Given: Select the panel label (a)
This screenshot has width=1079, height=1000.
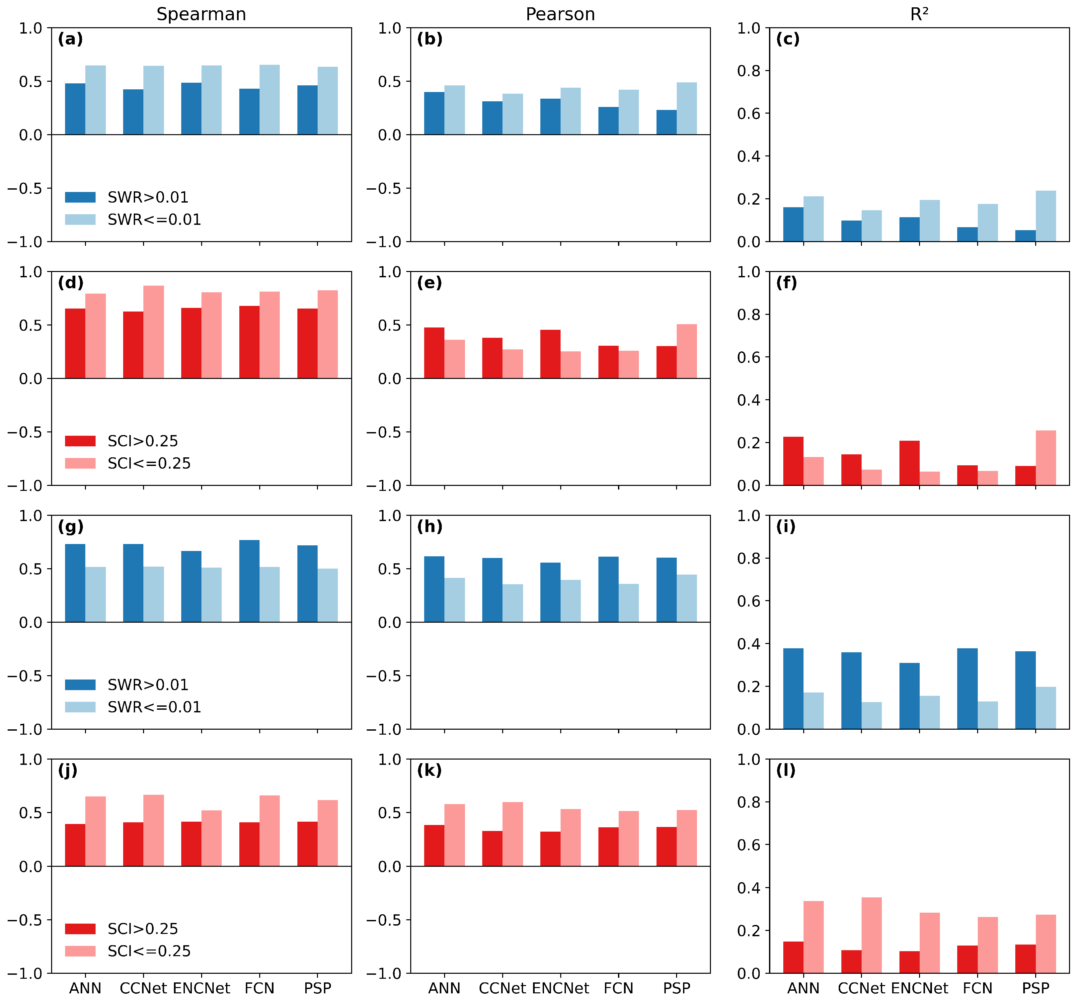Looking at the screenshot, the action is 70,39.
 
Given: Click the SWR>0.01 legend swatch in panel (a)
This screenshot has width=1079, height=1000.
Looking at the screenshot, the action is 80,197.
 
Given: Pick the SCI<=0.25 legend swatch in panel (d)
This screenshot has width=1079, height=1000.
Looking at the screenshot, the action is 80,463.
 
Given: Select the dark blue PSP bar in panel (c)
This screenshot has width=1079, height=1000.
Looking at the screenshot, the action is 1026,236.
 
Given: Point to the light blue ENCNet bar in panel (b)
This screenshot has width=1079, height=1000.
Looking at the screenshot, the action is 571,111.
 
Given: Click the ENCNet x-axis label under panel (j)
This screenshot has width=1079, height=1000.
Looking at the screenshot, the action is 201,988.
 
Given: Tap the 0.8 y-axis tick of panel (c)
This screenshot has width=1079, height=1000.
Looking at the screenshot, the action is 748,71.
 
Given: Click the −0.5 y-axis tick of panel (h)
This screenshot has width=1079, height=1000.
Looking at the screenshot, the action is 385,676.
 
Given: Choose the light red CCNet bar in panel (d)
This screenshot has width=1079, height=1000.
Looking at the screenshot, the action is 154,332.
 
